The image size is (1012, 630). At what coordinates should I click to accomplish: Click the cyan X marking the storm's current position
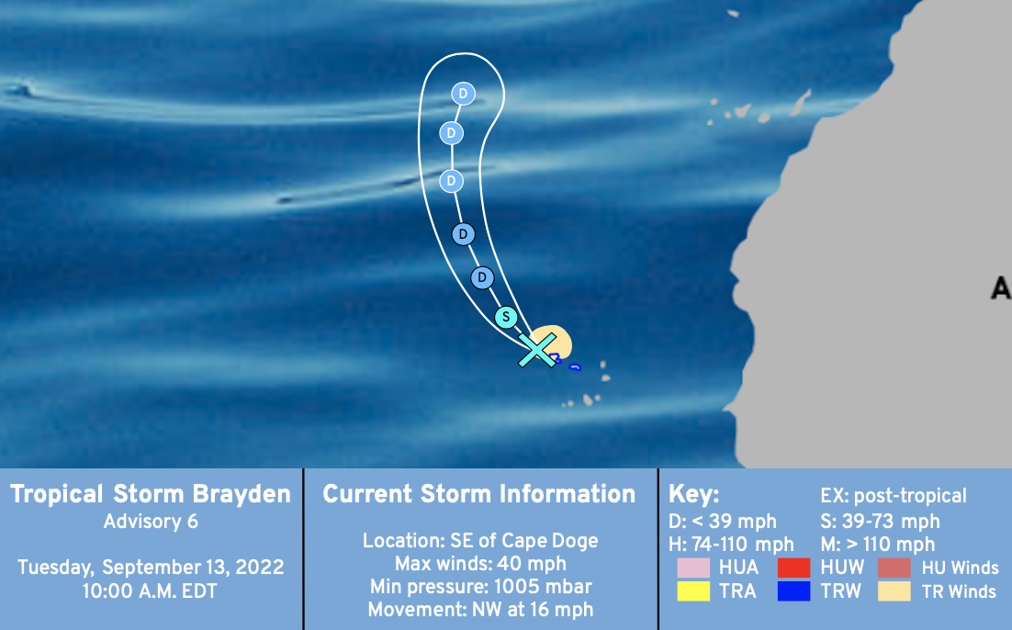coord(537,351)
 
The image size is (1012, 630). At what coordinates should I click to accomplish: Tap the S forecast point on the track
coord(506,317)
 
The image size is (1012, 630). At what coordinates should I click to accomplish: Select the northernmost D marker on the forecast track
coord(463,94)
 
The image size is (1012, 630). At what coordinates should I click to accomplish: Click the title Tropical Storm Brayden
coord(151,494)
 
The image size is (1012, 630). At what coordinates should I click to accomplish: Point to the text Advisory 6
coord(151,522)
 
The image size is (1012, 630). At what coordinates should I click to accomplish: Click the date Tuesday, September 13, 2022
coord(151,568)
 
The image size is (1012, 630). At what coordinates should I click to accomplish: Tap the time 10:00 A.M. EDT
coord(151,591)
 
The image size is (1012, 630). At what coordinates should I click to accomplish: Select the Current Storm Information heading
coord(479,494)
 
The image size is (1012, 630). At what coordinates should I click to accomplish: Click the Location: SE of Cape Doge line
coord(480,541)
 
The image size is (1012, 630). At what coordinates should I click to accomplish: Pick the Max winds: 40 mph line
coord(480,564)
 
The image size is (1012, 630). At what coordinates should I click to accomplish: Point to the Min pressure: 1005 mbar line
coord(480,587)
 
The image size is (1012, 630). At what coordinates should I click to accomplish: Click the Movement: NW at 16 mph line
coord(480,610)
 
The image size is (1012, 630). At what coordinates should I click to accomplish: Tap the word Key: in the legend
coord(694,494)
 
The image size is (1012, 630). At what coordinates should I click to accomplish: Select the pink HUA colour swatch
coord(693,568)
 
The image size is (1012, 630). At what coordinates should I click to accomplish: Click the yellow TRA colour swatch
coord(693,591)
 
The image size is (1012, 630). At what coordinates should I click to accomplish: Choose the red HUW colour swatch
coord(793,568)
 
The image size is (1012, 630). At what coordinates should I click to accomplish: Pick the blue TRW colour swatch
coord(793,591)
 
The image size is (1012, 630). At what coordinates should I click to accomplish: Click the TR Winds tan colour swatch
coord(894,591)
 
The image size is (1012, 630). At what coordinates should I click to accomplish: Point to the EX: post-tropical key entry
coord(894,496)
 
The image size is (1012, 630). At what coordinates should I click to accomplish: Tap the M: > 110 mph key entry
coord(878,545)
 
